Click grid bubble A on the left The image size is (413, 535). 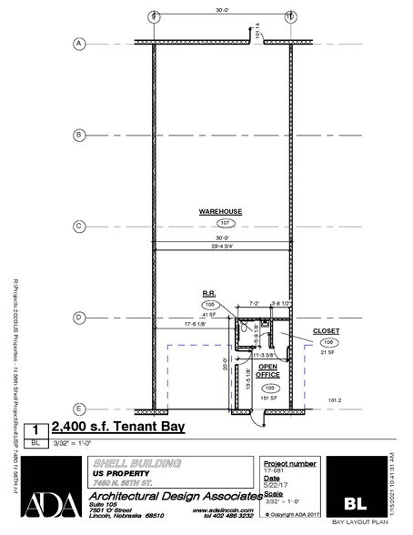click(79, 44)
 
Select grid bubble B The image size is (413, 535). click(79, 136)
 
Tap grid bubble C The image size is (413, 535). click(79, 227)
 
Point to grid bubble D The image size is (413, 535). click(79, 318)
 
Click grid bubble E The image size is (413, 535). click(79, 409)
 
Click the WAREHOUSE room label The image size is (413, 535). click(219, 211)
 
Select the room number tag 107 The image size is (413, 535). click(220, 223)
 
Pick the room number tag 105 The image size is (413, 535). click(208, 305)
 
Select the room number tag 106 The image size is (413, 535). click(329, 342)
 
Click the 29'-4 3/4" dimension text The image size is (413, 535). click(221, 246)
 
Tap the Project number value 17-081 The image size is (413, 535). click(273, 471)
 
